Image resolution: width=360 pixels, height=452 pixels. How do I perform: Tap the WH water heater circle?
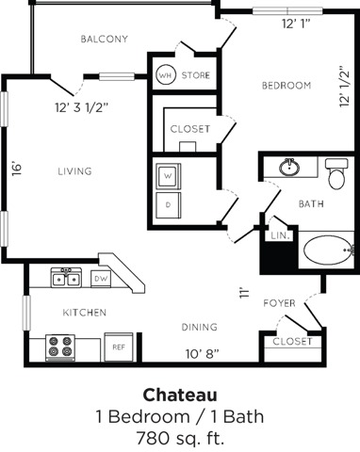tap(165, 75)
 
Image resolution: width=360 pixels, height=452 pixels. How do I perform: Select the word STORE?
tap(196, 75)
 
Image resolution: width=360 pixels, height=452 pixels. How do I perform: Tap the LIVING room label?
tap(74, 171)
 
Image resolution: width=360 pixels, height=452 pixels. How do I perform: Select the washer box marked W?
tap(168, 176)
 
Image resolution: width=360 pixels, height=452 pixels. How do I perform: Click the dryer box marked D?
tap(168, 204)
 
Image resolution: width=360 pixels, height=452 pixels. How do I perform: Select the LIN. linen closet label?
tap(280, 236)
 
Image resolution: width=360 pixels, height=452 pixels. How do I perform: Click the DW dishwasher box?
tap(99, 278)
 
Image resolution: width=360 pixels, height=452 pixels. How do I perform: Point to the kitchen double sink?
tap(65, 278)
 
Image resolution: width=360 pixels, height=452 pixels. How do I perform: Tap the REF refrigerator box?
tap(119, 347)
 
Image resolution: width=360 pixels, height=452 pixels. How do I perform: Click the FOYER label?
tap(280, 303)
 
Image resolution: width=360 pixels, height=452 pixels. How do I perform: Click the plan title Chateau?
tap(179, 394)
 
